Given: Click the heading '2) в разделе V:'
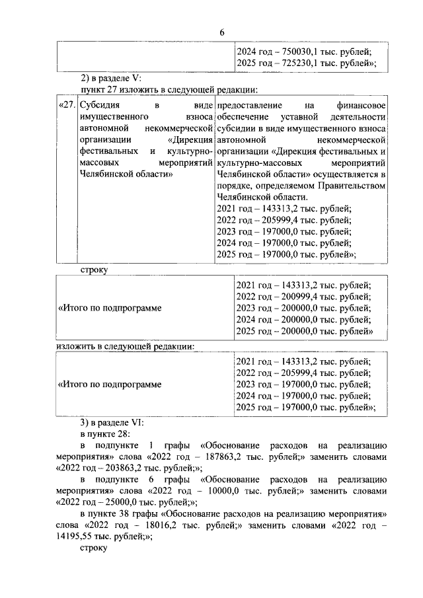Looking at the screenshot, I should tap(110, 77).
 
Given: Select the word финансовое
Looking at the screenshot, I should tap(362, 106).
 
